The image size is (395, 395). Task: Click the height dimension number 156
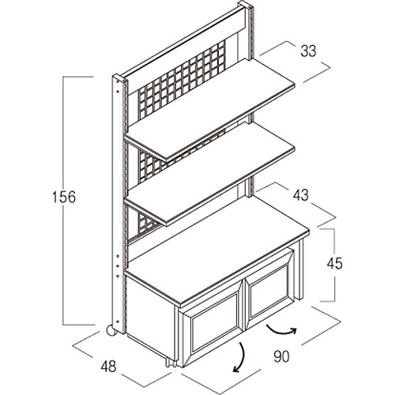[64, 197]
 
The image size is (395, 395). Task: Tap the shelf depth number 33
[308, 51]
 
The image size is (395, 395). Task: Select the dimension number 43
[301, 195]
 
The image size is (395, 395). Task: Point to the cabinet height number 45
[334, 263]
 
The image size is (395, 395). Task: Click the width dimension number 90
[281, 356]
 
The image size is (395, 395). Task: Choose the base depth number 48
[108, 367]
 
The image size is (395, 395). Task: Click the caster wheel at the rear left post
[111, 331]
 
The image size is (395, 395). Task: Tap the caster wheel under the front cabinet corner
[170, 363]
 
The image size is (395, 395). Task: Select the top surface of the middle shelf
[210, 173]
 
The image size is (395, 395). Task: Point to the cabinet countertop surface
[217, 250]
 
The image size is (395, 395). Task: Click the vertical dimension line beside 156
[63, 200]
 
